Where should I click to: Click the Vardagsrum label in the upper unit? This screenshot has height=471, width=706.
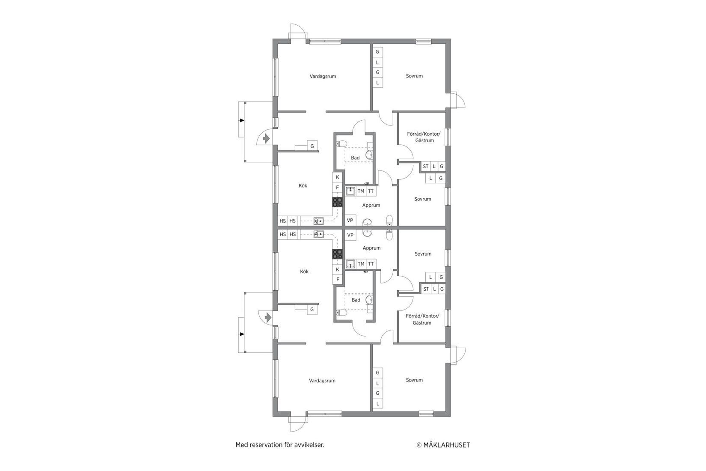323,77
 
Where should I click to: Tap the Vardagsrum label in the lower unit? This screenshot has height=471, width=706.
322,381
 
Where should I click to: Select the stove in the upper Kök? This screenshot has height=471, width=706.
338,202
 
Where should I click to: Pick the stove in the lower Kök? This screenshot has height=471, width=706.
338,254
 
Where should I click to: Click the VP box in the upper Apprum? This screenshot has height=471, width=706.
350,221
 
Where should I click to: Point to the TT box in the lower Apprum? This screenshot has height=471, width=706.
371,264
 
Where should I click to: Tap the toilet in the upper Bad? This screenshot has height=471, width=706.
341,143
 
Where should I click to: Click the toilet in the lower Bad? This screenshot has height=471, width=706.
341,312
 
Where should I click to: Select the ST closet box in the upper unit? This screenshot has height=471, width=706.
425,167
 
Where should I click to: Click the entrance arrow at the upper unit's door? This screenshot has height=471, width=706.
266,139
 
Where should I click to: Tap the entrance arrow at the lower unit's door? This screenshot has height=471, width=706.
268,318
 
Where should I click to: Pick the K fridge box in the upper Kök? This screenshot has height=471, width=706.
337,177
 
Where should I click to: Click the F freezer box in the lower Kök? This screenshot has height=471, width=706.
337,280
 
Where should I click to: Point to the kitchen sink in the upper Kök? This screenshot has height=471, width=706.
318,221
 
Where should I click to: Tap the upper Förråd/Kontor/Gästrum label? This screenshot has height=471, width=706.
423,137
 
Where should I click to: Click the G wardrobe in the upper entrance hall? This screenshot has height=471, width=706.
312,146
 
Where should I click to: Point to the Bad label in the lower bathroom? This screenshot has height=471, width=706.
356,300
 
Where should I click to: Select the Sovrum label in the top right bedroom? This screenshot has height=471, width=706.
414,76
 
